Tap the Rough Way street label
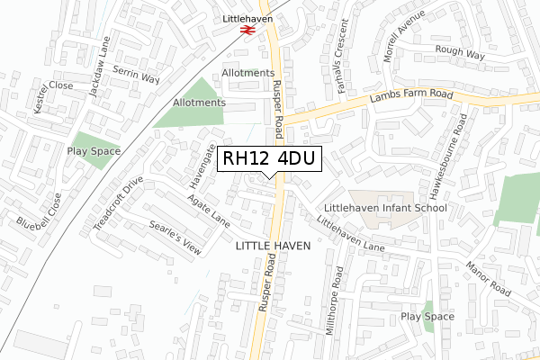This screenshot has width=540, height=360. [x=459, y=53]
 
